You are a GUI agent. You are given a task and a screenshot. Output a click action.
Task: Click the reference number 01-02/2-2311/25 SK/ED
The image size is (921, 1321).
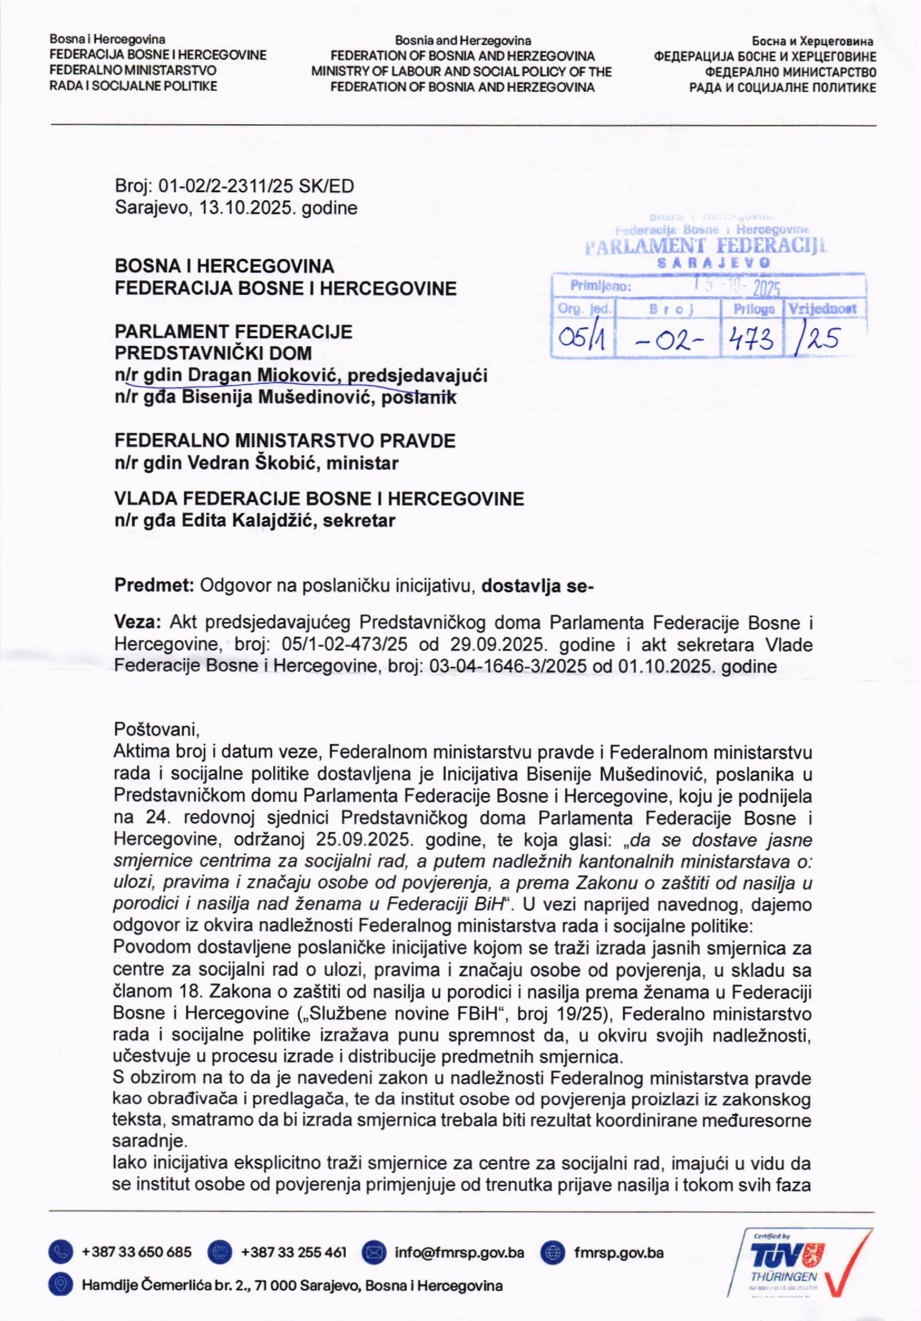pos(256,186)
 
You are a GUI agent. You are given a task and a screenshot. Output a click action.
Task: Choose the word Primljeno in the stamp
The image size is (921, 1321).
pos(601,286)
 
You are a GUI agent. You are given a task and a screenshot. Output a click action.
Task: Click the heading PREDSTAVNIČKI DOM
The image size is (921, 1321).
pos(213,353)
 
